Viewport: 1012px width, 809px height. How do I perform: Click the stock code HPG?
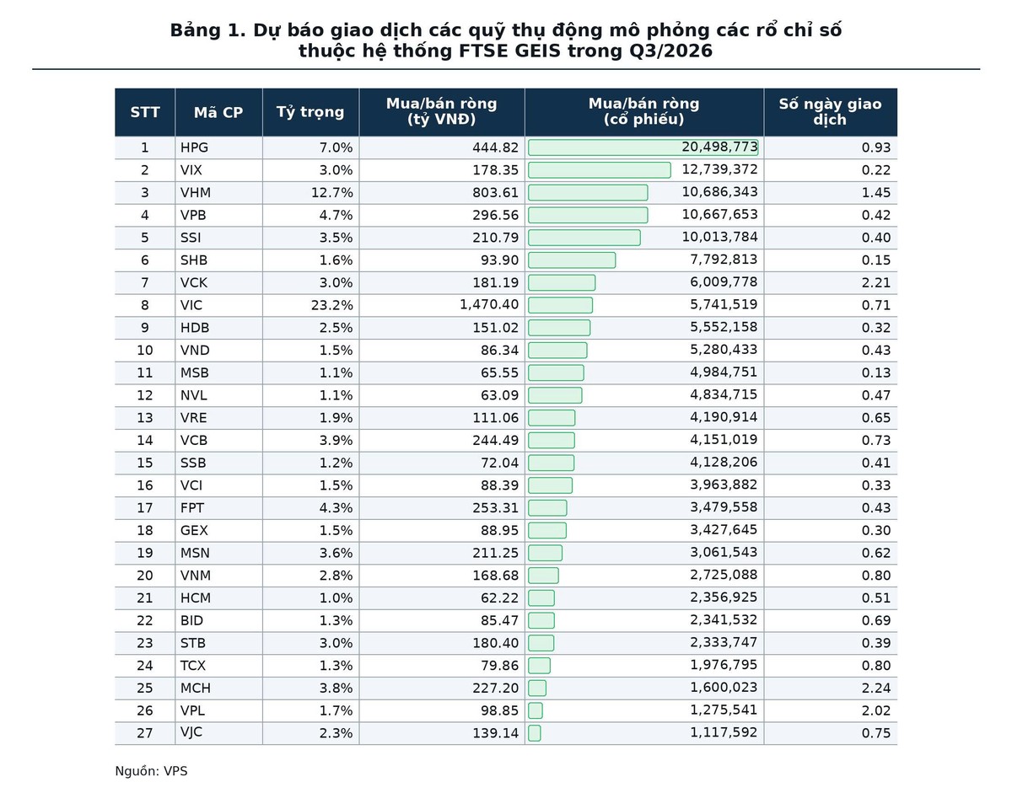(194, 147)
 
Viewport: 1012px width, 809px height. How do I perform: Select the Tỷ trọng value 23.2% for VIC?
(331, 305)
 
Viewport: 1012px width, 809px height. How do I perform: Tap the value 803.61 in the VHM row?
(495, 193)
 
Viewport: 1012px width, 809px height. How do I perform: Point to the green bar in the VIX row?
(599, 170)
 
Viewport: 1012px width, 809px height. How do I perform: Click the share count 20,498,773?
(719, 147)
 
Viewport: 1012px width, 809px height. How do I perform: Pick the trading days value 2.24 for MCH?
(875, 688)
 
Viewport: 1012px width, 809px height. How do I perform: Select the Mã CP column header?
(218, 112)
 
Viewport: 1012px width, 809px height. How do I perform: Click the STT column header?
(145, 112)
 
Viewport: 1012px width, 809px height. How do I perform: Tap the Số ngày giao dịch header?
(830, 112)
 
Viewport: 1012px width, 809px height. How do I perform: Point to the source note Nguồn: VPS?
(151, 771)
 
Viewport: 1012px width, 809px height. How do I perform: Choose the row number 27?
(145, 733)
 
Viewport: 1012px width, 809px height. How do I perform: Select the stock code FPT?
(192, 507)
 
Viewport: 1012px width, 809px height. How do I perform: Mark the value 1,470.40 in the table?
(489, 304)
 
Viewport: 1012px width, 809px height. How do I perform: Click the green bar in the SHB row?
(572, 260)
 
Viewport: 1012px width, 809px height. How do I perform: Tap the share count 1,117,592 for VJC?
(724, 732)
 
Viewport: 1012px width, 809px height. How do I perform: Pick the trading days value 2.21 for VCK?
(875, 282)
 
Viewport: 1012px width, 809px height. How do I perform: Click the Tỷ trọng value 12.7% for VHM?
(331, 193)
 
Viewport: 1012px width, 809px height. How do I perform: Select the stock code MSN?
(195, 553)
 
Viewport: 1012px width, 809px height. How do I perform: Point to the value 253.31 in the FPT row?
(495, 507)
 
